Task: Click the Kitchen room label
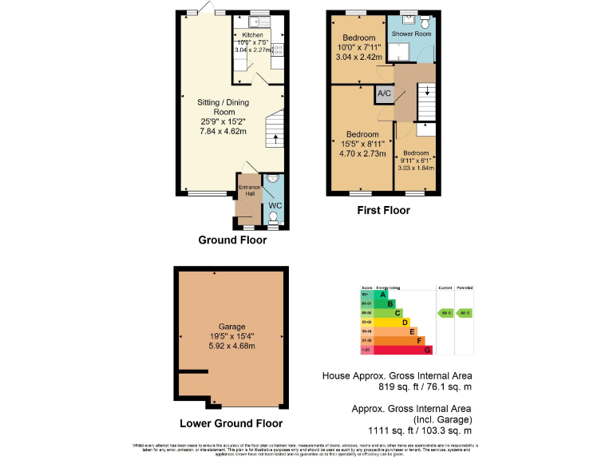pos(252,35)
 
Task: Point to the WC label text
pos(275,205)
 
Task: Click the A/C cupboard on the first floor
pos(384,93)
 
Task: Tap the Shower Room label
pos(412,34)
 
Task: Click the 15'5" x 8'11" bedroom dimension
pos(359,144)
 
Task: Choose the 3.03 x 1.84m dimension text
pos(415,168)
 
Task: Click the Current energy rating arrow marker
pos(445,313)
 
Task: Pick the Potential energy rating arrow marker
pos(465,313)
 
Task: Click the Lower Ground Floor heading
pos(231,423)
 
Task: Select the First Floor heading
pos(383,211)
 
